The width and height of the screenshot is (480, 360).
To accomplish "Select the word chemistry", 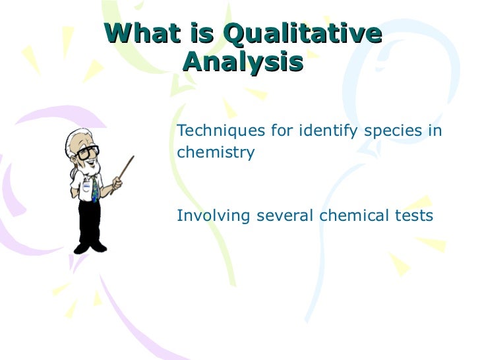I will [216, 152].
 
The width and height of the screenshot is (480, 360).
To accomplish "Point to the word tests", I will [412, 216].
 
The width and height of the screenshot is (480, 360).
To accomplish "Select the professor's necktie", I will [95, 189].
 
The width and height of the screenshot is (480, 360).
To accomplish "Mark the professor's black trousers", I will [91, 221].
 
